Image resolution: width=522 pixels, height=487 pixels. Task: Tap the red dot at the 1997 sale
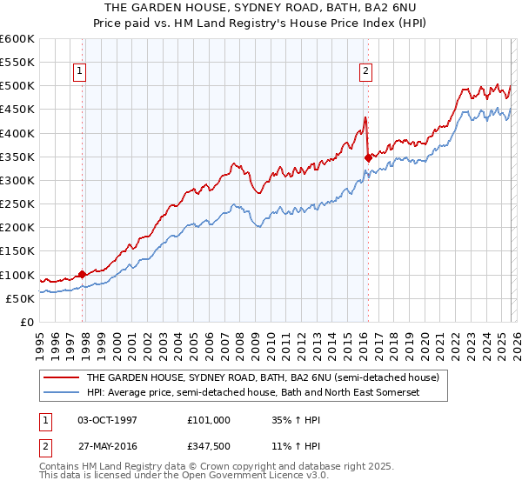[82, 274]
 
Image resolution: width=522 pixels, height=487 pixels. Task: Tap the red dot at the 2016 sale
[368, 157]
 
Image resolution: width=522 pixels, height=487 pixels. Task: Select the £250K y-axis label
[17, 204]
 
